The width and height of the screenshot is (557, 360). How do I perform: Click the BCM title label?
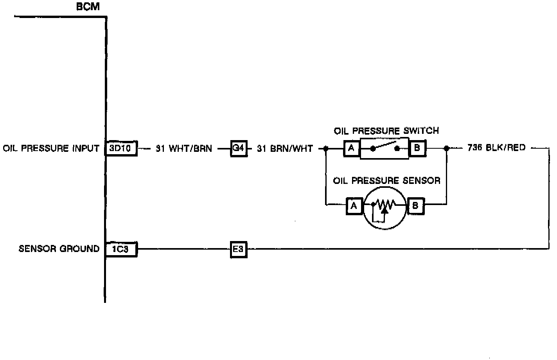tap(88, 7)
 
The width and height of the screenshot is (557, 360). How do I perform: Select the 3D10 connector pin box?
tap(121, 149)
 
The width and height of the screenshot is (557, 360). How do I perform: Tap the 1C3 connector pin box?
tap(121, 249)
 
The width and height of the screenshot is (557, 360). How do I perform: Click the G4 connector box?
tap(238, 149)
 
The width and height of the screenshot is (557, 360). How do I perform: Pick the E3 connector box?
tap(238, 249)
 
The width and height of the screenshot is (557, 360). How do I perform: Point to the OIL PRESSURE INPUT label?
tap(51, 149)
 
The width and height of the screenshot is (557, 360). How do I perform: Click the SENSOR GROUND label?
tap(59, 249)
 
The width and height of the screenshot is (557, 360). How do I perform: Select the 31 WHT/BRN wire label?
tap(184, 149)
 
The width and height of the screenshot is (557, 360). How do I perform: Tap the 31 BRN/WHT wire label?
tap(285, 149)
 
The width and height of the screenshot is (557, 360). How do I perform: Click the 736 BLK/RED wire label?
tap(496, 148)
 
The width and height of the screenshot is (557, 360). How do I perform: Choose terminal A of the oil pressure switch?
tap(351, 149)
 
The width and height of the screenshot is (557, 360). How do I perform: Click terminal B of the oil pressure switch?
tap(417, 149)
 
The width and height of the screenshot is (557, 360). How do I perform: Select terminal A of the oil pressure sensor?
tap(354, 206)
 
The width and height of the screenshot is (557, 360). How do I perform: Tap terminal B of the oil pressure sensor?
tap(415, 206)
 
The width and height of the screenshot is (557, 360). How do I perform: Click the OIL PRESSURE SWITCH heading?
tap(386, 131)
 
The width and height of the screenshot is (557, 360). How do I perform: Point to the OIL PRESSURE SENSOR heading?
tap(386, 181)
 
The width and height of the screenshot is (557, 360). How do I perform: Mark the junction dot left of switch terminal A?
tap(325, 149)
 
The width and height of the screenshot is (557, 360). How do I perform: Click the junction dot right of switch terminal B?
tap(446, 149)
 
